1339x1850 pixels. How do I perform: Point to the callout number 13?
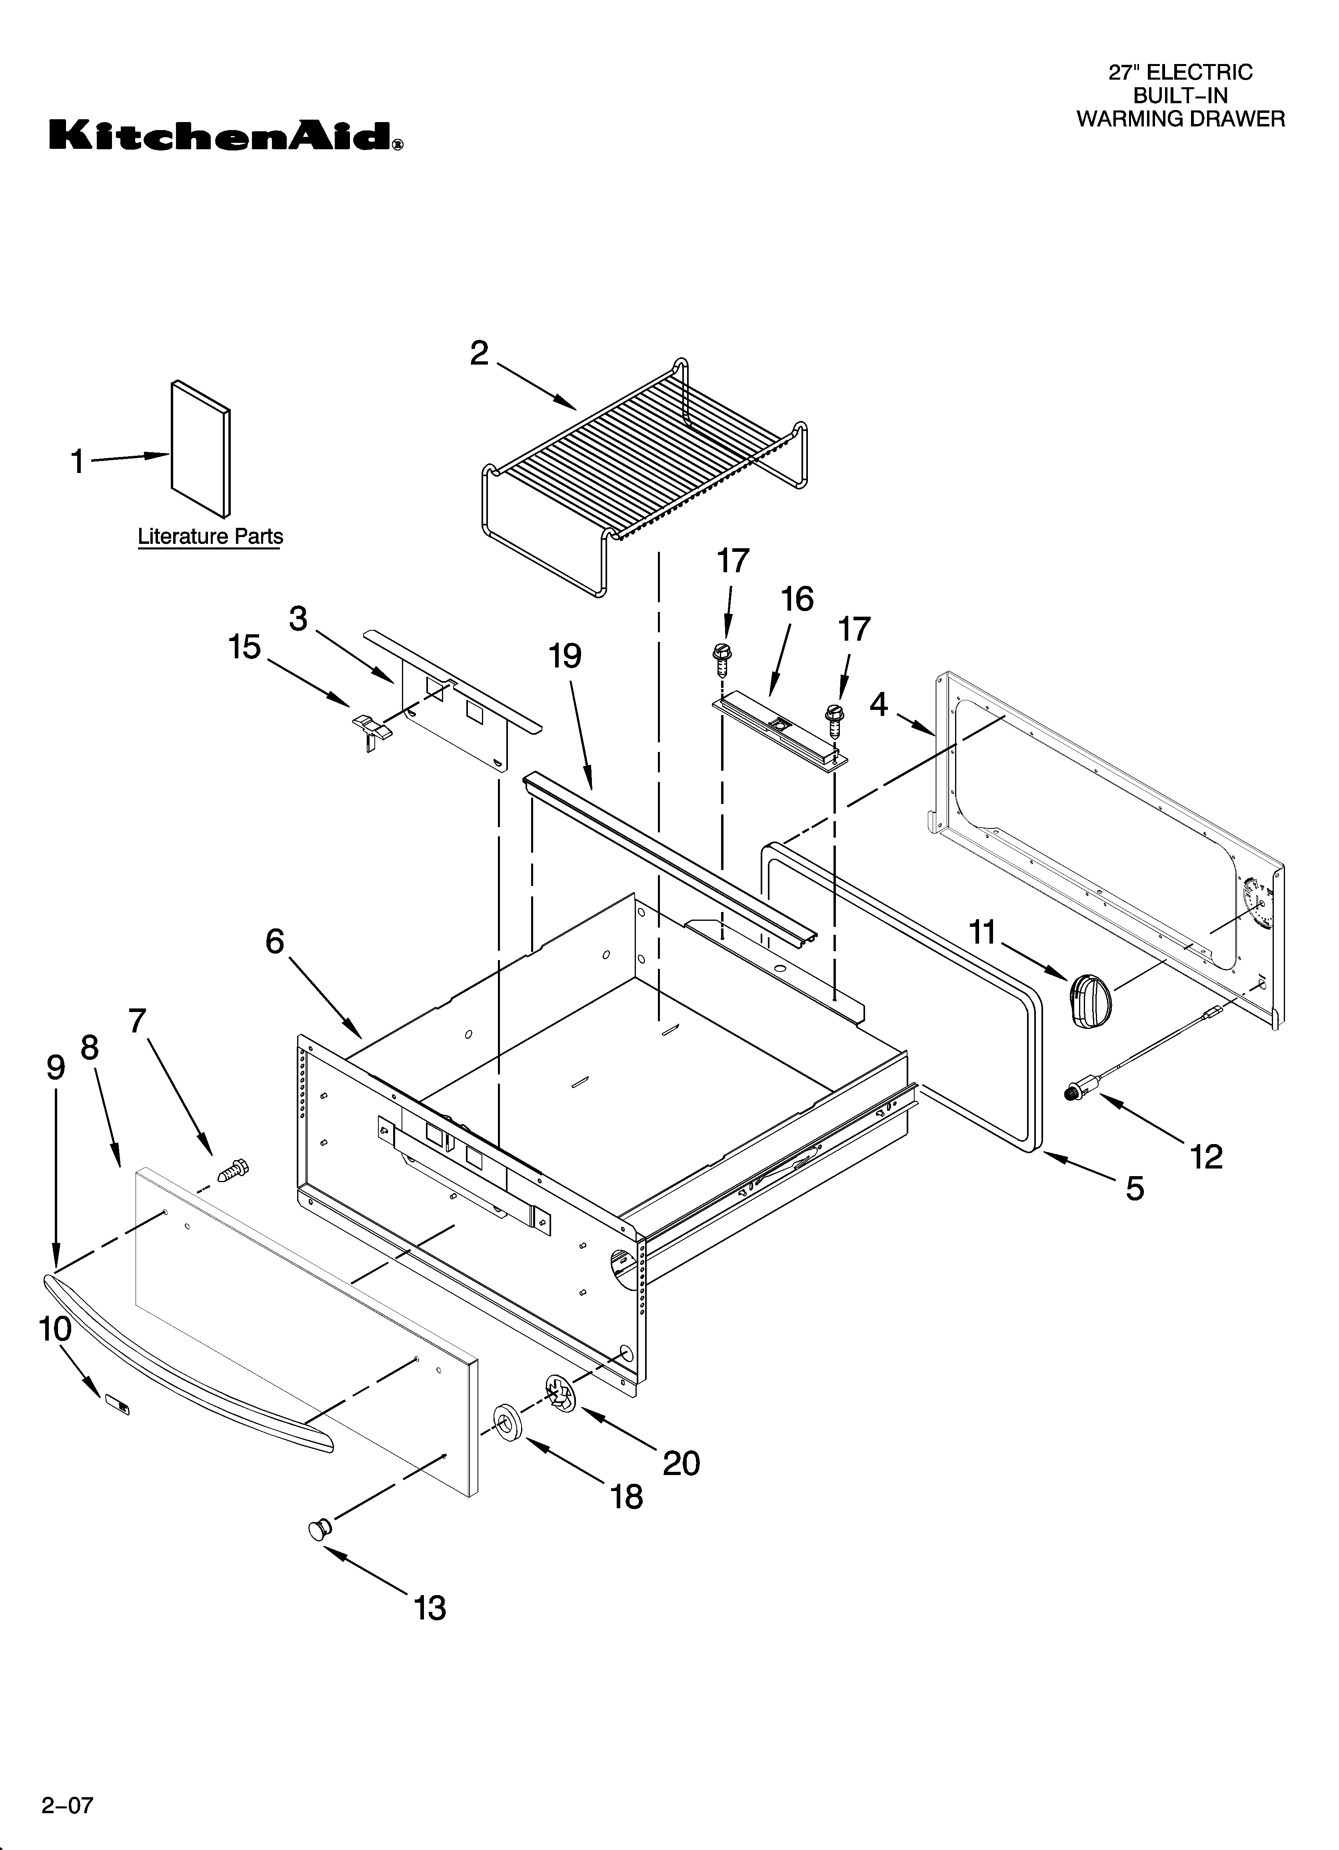430,1607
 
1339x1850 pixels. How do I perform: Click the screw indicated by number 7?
233,1172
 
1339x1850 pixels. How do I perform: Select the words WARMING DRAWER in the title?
1180,119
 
